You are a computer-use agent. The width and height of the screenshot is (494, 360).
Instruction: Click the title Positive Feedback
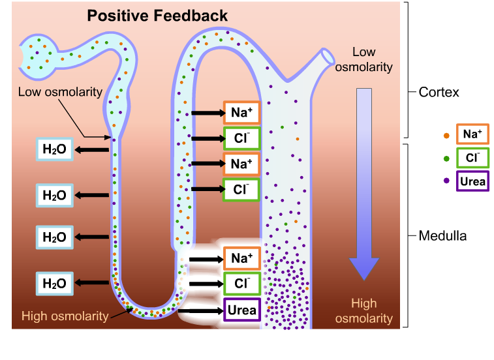click(x=158, y=16)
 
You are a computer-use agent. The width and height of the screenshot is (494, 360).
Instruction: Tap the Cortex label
click(x=439, y=92)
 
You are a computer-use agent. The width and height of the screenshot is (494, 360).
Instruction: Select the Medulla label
click(x=442, y=236)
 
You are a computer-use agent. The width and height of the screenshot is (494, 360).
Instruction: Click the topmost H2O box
click(x=54, y=149)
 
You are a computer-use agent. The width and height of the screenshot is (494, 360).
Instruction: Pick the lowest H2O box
click(x=54, y=283)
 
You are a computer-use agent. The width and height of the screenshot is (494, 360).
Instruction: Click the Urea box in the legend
click(x=472, y=181)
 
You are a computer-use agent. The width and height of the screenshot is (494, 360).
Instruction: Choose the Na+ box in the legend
click(x=472, y=134)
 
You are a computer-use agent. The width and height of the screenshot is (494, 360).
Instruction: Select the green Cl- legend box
click(x=472, y=158)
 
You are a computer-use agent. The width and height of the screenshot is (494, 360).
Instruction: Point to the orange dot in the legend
click(x=446, y=135)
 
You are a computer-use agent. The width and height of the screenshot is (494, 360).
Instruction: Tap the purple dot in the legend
click(x=446, y=181)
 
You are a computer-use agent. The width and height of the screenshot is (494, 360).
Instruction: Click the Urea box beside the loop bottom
click(x=241, y=310)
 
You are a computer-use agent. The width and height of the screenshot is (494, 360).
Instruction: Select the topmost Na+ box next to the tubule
click(x=241, y=113)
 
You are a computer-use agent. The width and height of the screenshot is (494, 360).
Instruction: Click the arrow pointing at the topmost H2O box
click(x=91, y=150)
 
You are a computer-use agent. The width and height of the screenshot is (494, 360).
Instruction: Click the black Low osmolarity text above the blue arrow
click(x=373, y=59)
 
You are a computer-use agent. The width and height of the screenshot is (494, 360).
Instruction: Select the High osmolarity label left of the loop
click(x=65, y=316)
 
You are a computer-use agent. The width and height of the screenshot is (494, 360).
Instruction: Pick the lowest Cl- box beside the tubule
click(x=241, y=284)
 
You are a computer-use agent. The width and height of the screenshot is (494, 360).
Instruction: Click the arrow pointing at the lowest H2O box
click(x=91, y=283)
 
